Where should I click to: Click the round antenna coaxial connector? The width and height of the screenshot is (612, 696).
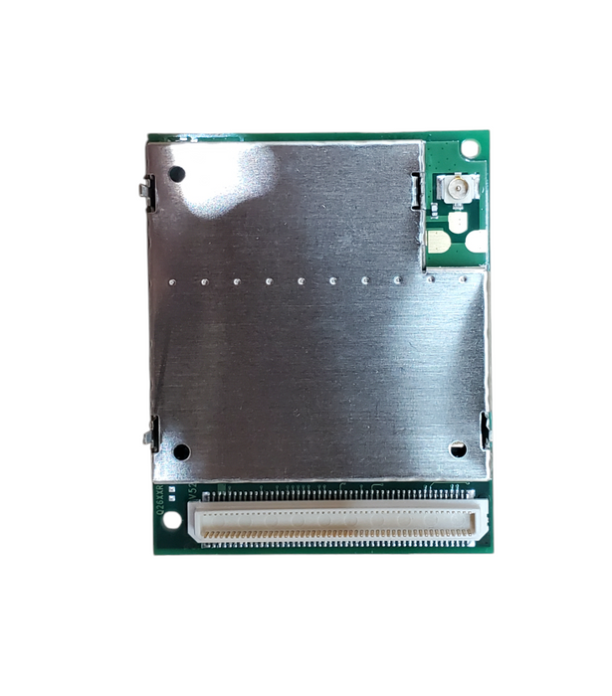pyautogui.click(x=458, y=187)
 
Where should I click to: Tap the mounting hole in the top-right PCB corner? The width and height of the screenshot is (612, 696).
pyautogui.click(x=470, y=148)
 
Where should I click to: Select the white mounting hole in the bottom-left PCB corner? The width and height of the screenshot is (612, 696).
pyautogui.click(x=172, y=519)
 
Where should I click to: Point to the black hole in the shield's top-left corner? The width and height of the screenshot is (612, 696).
pyautogui.click(x=177, y=174)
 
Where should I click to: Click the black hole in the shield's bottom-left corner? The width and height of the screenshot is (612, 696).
pyautogui.click(x=181, y=451)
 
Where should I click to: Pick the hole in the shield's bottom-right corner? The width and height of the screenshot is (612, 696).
pyautogui.click(x=458, y=449)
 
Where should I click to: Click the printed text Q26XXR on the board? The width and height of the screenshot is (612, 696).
pyautogui.click(x=160, y=496)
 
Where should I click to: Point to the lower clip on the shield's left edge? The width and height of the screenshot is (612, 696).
pyautogui.click(x=151, y=434)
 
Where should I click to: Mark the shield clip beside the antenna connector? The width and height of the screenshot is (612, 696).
pyautogui.click(x=417, y=189)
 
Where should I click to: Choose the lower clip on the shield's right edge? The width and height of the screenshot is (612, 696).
pyautogui.click(x=486, y=430)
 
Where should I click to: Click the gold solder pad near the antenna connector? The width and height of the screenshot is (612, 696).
pyautogui.click(x=437, y=240)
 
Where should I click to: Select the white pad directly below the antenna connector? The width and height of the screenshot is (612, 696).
pyautogui.click(x=457, y=221)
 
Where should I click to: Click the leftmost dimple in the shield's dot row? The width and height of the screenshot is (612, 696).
pyautogui.click(x=172, y=281)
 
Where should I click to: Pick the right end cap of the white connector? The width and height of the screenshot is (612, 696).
pyautogui.click(x=481, y=520)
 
